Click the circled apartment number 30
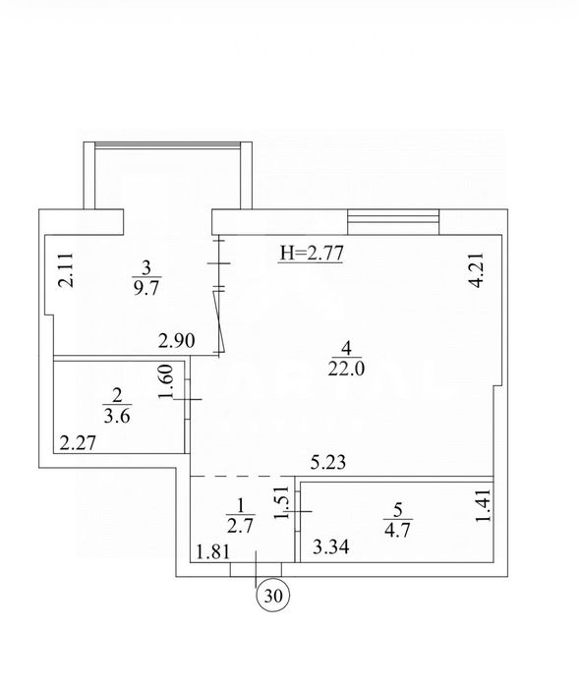click(272, 596)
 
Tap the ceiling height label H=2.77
click(311, 254)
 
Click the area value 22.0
click(346, 370)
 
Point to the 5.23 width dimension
click(328, 462)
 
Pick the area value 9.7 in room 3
click(145, 289)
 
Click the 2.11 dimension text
click(66, 270)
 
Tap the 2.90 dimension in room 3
click(176, 341)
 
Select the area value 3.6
click(117, 416)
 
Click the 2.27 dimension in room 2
click(78, 443)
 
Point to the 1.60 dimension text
click(167, 381)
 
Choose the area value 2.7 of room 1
click(241, 526)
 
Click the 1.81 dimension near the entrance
click(213, 552)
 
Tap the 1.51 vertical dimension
click(282, 502)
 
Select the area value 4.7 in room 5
click(397, 530)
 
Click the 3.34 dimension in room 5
click(331, 546)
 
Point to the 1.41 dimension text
click(483, 506)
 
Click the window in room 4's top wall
click(393, 222)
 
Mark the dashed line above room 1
click(242, 477)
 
